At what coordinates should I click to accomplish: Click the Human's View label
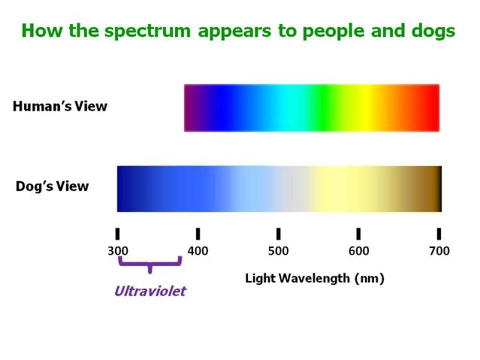[x=60, y=107]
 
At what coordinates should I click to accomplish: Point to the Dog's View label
[x=53, y=186]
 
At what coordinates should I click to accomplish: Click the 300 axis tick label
[x=118, y=251]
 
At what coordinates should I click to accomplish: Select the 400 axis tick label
[x=198, y=251]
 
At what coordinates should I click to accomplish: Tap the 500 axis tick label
[x=278, y=251]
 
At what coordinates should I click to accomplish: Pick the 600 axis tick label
[x=358, y=251]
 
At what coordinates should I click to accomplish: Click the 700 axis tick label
[x=439, y=251]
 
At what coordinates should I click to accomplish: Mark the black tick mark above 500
[x=278, y=234]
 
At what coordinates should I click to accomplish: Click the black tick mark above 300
[x=118, y=234]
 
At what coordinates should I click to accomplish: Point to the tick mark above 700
[x=439, y=234]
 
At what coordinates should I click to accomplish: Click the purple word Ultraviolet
[x=149, y=291]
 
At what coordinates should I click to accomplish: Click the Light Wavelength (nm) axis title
[x=315, y=279]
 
